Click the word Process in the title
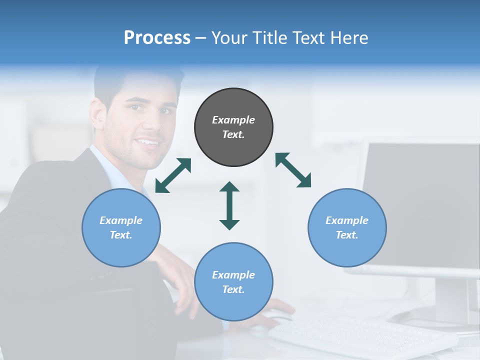157,38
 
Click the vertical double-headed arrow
229,205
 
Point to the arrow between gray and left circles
173,175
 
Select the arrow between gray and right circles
293,170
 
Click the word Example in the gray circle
233,120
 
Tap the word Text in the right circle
347,235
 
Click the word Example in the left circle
121,220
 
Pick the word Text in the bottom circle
233,289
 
